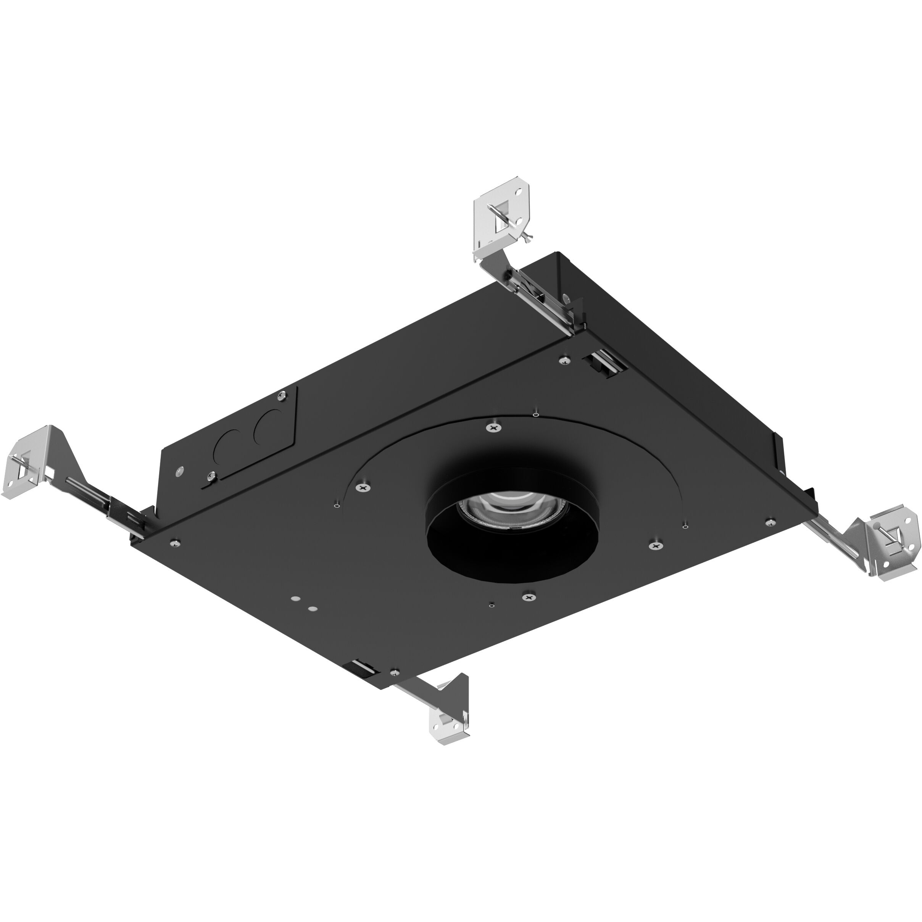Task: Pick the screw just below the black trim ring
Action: click(528, 596)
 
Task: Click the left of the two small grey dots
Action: click(296, 598)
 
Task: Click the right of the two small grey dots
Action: click(313, 609)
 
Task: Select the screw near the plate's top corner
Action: click(565, 360)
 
